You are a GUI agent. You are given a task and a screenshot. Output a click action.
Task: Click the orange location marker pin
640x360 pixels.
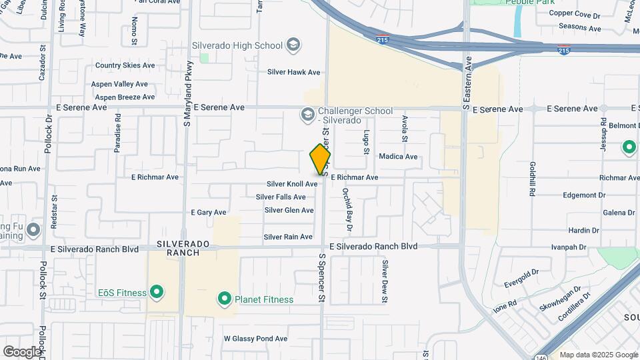320,160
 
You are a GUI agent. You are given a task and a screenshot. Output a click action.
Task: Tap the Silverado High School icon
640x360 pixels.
293,45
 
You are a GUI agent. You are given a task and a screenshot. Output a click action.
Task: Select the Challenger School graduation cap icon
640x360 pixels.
307,115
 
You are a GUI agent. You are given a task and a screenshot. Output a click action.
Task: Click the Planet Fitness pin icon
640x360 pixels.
225,299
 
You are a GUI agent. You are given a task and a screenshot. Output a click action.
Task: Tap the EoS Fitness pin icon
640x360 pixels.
157,292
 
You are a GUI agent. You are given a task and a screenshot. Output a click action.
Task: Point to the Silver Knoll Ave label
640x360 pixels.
292,184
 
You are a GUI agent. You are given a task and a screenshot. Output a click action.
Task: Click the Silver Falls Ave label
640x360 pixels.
281,197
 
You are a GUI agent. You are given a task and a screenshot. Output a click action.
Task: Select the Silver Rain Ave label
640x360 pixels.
288,237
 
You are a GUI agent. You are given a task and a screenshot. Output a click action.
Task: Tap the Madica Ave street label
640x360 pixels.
397,157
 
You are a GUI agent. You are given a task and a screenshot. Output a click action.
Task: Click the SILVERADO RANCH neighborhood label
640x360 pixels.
179,248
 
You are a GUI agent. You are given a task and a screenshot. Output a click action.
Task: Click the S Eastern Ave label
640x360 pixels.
468,83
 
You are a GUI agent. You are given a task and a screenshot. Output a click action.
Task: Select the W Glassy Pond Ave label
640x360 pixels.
255,339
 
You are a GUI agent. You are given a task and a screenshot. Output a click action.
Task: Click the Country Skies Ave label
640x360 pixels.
125,65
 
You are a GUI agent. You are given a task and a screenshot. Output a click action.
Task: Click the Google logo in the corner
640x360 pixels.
22,351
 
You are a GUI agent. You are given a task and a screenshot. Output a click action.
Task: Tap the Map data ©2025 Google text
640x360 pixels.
598,355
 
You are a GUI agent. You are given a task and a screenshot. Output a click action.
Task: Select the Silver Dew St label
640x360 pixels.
385,281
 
